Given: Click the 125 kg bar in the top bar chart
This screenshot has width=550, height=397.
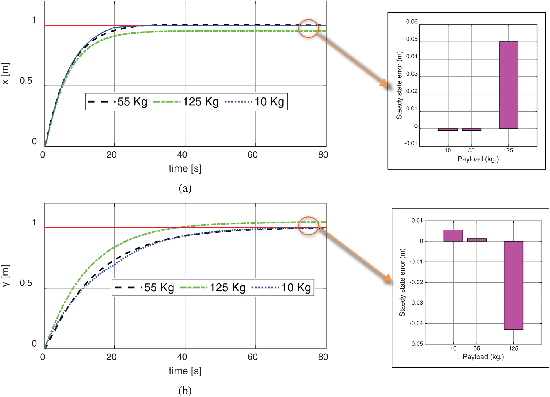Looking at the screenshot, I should tap(508, 85).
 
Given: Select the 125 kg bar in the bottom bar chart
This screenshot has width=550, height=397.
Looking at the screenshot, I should tap(513, 285).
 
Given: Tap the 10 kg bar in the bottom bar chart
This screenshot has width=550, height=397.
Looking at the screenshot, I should tap(453, 236).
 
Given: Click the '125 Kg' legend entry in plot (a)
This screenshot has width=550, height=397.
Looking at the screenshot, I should tap(186, 102).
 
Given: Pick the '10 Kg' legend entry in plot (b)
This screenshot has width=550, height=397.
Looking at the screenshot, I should tap(282, 287).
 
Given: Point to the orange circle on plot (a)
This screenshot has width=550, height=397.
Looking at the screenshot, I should tap(308, 28).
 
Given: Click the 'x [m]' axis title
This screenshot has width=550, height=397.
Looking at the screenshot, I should tap(6, 74).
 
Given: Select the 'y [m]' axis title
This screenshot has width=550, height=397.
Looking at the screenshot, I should tap(6, 276).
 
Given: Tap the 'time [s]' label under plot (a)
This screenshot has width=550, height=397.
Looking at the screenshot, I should tap(185, 168).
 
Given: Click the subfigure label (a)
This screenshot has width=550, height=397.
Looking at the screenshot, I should tap(185, 188).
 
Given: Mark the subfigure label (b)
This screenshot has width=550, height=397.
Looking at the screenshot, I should tap(185, 391).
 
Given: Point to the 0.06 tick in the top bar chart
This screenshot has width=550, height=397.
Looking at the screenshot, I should tap(411, 22).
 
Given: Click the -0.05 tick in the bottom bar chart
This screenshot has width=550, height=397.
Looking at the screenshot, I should tap(416, 344).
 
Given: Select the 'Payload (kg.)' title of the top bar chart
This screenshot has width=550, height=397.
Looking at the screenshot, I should tap(478, 159).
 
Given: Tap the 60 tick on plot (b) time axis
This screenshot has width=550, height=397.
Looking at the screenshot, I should tap(253, 357).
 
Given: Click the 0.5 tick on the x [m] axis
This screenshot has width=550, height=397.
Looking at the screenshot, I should tap(26, 81).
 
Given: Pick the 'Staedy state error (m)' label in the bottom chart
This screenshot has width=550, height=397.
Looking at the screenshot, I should tap(402, 282).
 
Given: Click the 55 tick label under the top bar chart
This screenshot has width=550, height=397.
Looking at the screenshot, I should tap(471, 150).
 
